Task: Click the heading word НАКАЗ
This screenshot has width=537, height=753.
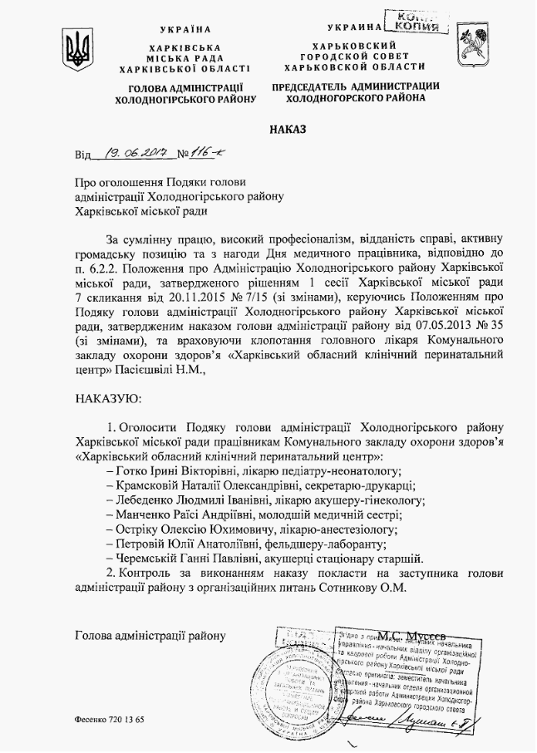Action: (288, 130)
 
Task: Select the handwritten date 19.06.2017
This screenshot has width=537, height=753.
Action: (133, 153)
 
